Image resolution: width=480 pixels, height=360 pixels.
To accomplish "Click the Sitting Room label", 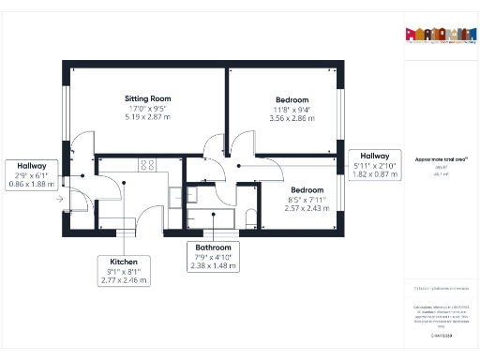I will (148, 98).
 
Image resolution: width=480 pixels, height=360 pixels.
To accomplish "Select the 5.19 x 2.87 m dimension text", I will (148, 118).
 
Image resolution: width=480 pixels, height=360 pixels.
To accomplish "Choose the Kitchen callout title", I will (125, 261).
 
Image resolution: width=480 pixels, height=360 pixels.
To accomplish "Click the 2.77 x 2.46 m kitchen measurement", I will (125, 279).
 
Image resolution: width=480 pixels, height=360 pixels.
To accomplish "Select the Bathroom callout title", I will (213, 247).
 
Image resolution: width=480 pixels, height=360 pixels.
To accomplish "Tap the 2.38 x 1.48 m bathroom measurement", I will (213, 265).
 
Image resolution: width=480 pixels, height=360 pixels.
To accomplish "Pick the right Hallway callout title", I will (374, 156).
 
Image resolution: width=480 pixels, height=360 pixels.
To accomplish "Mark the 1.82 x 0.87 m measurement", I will (374, 174).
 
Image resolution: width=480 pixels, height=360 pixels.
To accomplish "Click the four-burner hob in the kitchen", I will (148, 165).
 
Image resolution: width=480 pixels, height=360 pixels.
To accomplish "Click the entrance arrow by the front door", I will (60, 199).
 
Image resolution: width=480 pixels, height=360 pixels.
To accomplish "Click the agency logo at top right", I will (438, 34).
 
